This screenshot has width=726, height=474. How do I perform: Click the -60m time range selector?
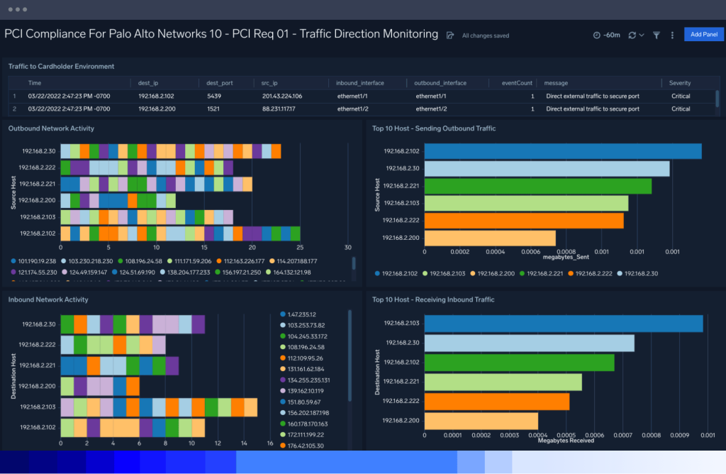(x=606, y=35)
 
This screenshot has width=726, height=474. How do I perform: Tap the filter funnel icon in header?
(x=656, y=35)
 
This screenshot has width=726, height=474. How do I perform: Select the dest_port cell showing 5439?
(x=214, y=96)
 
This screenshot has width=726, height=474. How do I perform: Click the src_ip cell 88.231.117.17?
(x=278, y=109)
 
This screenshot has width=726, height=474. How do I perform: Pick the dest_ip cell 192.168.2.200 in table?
(x=156, y=109)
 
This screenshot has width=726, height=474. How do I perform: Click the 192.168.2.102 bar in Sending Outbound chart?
(x=563, y=151)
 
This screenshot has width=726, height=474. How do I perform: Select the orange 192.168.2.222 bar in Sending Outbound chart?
(x=524, y=221)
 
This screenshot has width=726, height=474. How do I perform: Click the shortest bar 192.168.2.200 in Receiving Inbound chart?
(x=481, y=421)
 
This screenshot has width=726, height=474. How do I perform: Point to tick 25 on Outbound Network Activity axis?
(x=300, y=248)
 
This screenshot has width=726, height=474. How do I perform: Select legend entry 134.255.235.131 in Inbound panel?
(x=308, y=380)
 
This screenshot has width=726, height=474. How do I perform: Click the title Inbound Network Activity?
(x=48, y=299)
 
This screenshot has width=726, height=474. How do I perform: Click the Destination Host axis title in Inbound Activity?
(x=13, y=373)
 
